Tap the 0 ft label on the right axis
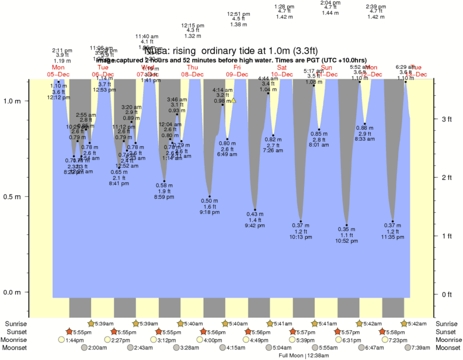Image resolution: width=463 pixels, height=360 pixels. pyautogui.click(x=446, y=294)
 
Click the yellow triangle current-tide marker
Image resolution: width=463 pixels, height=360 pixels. pyautogui.click(x=234, y=101)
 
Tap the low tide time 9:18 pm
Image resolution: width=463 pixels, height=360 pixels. pyautogui.click(x=210, y=212)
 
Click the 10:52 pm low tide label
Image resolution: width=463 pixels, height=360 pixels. pyautogui.click(x=346, y=241)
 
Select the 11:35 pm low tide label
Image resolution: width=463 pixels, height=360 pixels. pyautogui.click(x=392, y=237)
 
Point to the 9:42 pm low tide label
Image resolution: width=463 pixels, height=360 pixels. pyautogui.click(x=255, y=226)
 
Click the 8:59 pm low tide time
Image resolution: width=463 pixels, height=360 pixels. pyautogui.click(x=164, y=197)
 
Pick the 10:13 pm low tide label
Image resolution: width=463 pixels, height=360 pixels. pyautogui.click(x=301, y=237)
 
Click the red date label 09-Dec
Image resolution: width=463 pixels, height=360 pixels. pyautogui.click(x=238, y=74)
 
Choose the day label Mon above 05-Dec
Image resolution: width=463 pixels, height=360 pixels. pyautogui.click(x=58, y=67)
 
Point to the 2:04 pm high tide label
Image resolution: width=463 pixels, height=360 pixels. pyautogui.click(x=330, y=2)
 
